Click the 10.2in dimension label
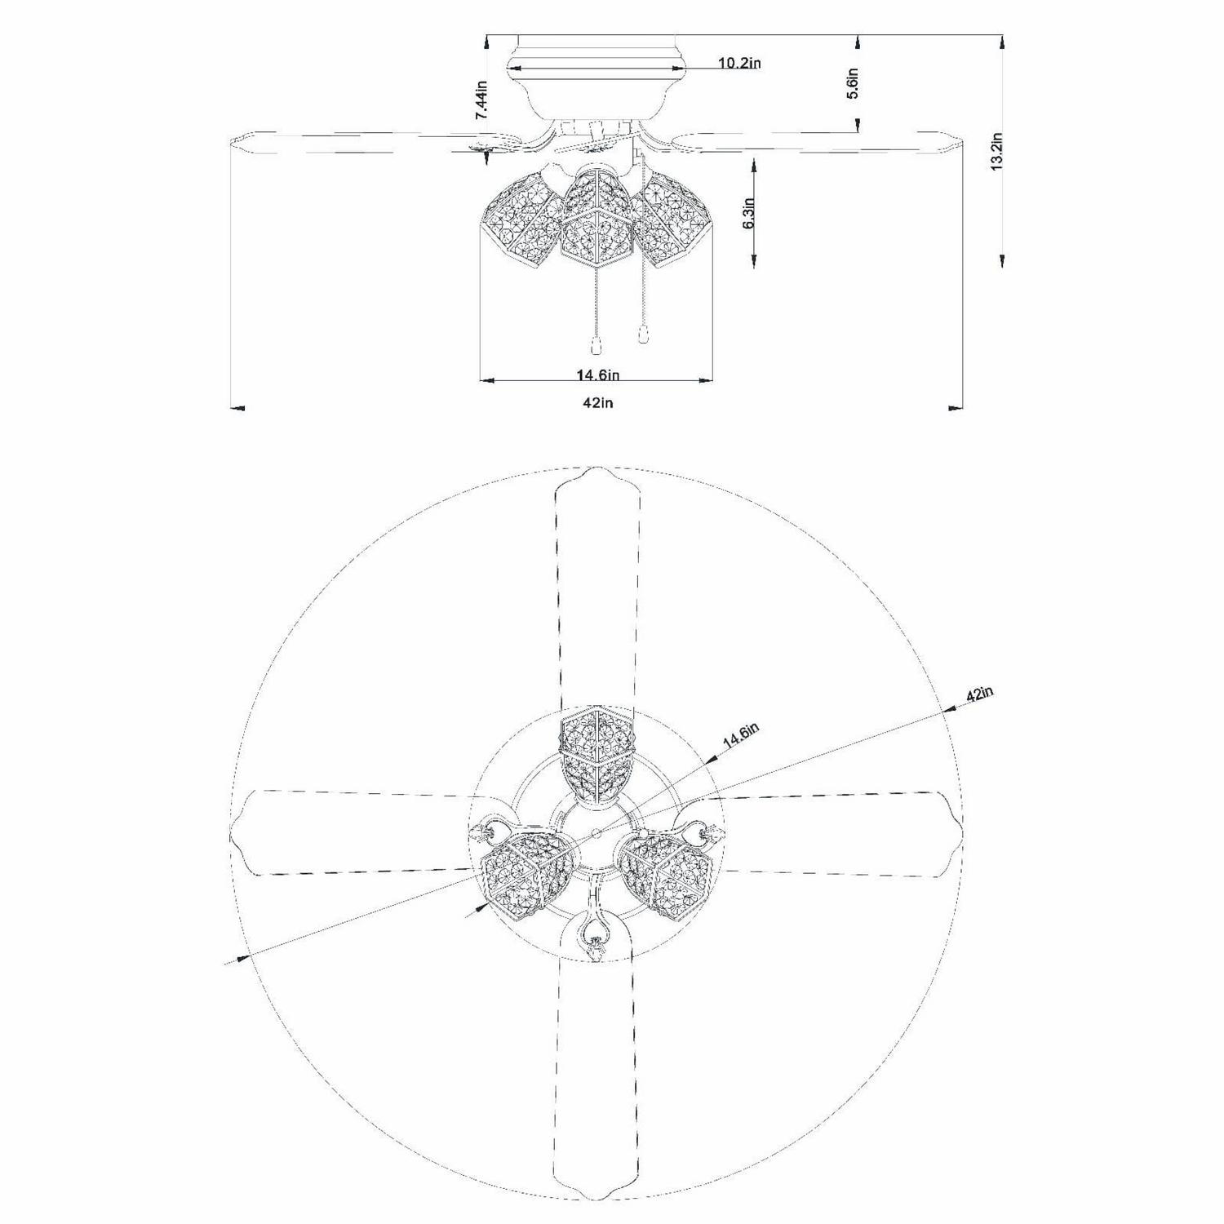point(739,63)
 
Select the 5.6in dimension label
point(853,83)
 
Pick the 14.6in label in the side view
point(599,375)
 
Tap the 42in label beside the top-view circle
point(980,694)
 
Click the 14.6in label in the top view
point(741,737)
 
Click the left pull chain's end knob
point(596,347)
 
